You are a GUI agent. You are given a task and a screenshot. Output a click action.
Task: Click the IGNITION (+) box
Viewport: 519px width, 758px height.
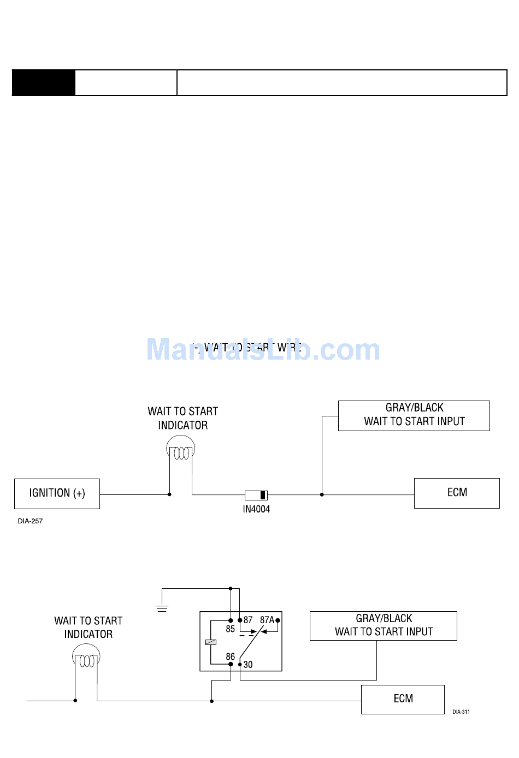[x=57, y=493]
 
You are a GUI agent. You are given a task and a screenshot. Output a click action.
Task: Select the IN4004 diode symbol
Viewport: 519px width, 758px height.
[x=256, y=495]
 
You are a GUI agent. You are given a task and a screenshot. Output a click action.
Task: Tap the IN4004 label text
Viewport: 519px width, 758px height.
[x=256, y=509]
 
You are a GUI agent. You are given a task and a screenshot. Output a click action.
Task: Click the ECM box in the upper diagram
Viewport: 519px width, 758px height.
[x=457, y=493]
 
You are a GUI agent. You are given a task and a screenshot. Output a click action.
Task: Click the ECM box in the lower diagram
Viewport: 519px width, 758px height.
[x=403, y=699]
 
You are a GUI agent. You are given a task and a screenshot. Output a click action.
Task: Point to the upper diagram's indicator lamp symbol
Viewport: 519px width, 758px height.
[x=181, y=451]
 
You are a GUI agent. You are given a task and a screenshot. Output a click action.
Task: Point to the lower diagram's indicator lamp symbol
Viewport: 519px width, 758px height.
[x=86, y=658]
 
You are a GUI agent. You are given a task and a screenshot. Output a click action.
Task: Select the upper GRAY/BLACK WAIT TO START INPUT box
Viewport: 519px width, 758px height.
[x=414, y=415]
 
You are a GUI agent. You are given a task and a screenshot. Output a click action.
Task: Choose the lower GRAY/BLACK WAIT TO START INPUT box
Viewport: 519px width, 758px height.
[x=383, y=625]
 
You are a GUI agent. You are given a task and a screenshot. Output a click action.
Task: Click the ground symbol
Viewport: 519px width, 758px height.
[x=162, y=608]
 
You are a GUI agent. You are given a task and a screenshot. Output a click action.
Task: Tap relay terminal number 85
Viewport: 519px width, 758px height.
[x=230, y=629]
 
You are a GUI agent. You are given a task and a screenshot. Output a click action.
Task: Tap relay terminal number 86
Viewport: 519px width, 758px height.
[x=230, y=656]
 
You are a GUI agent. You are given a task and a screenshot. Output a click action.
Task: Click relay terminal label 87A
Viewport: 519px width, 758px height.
[x=267, y=620]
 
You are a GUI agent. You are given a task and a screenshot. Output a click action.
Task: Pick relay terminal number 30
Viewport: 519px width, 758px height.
[x=248, y=665]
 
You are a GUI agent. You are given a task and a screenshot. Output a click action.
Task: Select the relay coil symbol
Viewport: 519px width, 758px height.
[x=211, y=642]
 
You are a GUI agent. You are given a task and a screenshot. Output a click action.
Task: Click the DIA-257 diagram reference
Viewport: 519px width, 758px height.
[x=30, y=521]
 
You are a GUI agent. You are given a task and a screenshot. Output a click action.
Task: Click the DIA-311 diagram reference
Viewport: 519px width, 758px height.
[x=461, y=712]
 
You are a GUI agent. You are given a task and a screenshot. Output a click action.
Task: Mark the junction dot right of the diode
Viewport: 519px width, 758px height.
[x=322, y=494]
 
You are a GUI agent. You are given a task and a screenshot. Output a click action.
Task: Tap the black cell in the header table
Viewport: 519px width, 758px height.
[x=44, y=83]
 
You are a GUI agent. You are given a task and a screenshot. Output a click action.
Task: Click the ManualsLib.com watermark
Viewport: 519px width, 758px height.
[x=263, y=350]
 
